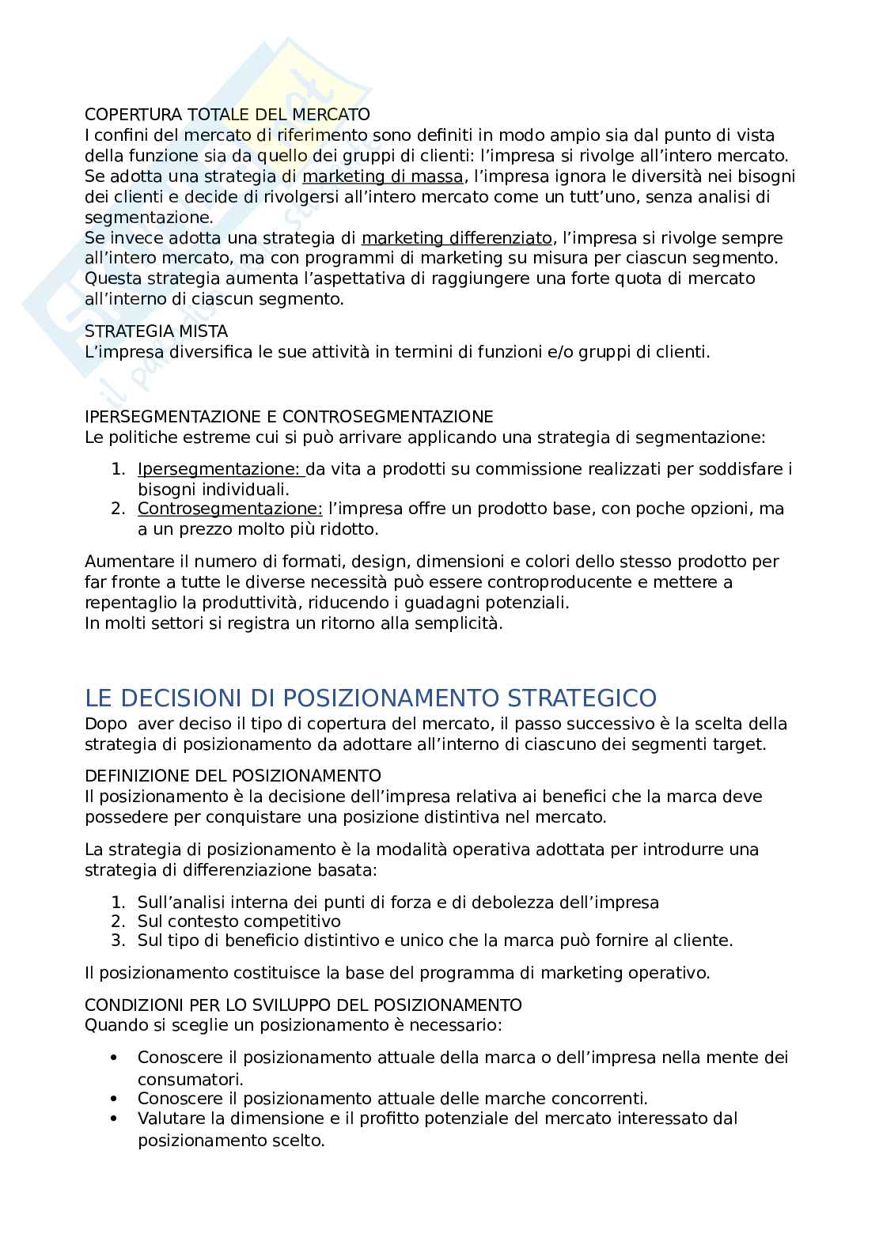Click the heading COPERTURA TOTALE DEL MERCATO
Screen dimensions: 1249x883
(x=227, y=115)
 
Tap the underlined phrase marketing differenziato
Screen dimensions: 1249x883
(x=457, y=238)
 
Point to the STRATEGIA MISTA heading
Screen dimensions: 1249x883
(x=156, y=331)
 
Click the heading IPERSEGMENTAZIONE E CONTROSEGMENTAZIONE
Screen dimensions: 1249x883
(x=289, y=417)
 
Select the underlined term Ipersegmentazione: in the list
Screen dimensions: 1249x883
(x=221, y=469)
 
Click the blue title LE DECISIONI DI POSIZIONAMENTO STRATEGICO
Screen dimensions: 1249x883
(x=370, y=698)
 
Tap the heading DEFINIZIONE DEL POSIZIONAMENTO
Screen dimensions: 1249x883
(x=233, y=775)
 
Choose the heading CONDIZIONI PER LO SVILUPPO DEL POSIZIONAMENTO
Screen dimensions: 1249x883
(x=303, y=1005)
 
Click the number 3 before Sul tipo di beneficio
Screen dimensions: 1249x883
(x=117, y=941)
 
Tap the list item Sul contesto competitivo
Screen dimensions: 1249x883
(x=239, y=922)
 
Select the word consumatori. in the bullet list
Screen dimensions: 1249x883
(x=190, y=1079)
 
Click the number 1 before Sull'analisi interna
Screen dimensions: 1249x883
(x=117, y=903)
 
